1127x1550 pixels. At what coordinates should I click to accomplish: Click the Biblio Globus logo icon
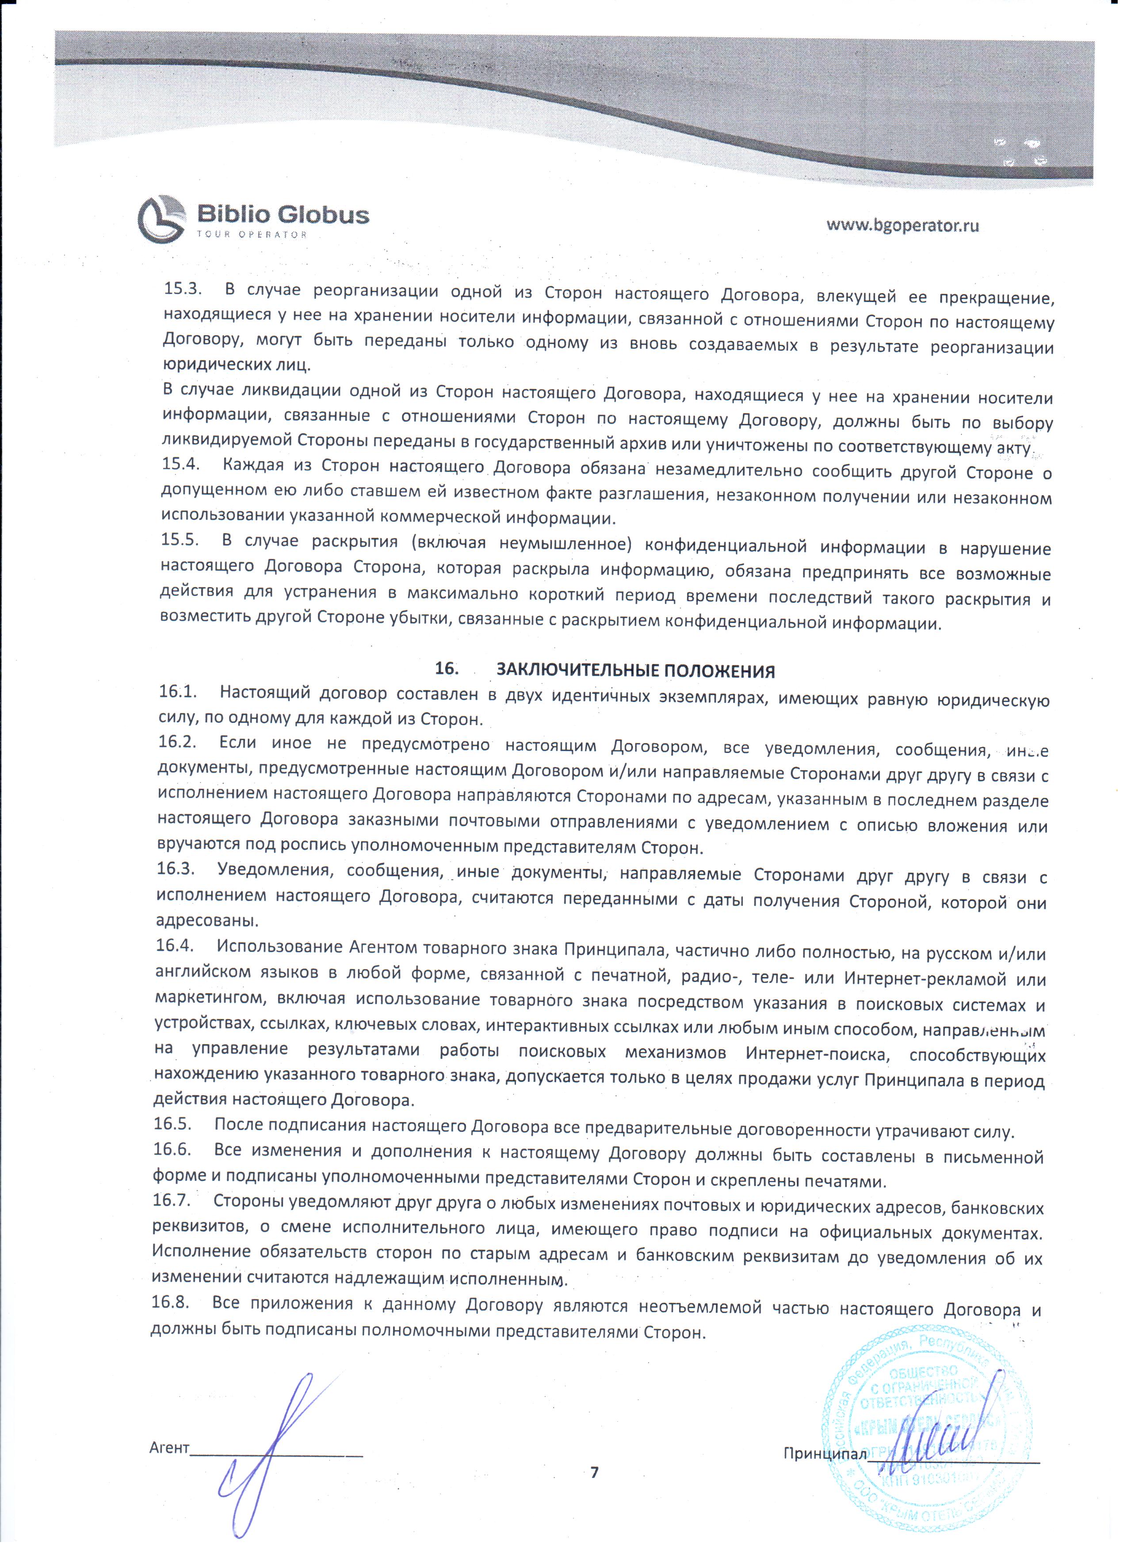(x=161, y=219)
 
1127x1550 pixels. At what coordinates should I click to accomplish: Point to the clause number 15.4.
(x=180, y=464)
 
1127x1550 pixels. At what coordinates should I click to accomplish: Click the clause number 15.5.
(x=180, y=540)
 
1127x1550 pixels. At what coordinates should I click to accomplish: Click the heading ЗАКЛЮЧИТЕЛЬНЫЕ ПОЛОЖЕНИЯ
(x=635, y=670)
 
